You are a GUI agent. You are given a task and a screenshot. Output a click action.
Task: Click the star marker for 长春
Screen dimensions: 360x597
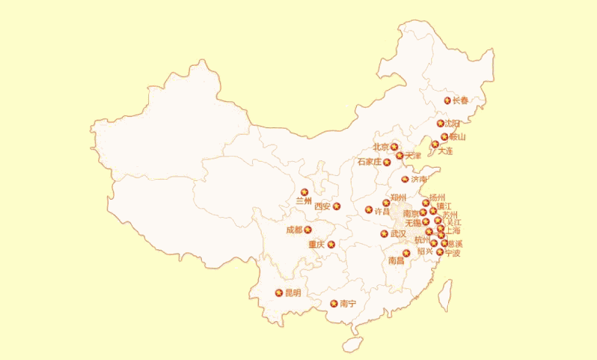[x=448, y=100]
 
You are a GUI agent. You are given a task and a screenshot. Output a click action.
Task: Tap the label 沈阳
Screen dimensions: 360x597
[x=453, y=124]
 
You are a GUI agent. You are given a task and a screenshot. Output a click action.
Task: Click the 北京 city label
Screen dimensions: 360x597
[x=380, y=146]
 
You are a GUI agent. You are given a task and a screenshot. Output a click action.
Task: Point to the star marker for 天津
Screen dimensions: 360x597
[x=400, y=156]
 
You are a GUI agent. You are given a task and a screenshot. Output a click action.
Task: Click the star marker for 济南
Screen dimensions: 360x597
[x=405, y=180]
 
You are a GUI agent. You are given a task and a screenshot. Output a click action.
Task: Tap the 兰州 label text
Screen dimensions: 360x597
[x=304, y=201]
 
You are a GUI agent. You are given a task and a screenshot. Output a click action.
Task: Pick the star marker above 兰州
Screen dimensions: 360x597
[x=304, y=191]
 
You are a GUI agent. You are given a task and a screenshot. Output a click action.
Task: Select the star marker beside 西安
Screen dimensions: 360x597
[x=336, y=207]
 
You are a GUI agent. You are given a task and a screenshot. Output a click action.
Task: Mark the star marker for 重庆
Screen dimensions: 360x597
[x=331, y=244]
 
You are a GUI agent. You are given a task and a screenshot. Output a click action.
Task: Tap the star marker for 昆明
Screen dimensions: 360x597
[x=279, y=293]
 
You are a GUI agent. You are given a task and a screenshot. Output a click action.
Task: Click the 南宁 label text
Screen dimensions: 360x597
[x=348, y=303]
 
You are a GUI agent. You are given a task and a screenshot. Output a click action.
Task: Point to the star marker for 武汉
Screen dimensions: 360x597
[x=384, y=234]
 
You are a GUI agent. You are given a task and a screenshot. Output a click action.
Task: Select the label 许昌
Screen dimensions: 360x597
[x=381, y=211]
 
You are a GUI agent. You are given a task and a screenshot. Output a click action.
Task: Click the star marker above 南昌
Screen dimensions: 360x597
[x=407, y=252]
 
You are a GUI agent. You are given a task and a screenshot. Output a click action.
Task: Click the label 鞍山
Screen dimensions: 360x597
[x=458, y=136]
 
